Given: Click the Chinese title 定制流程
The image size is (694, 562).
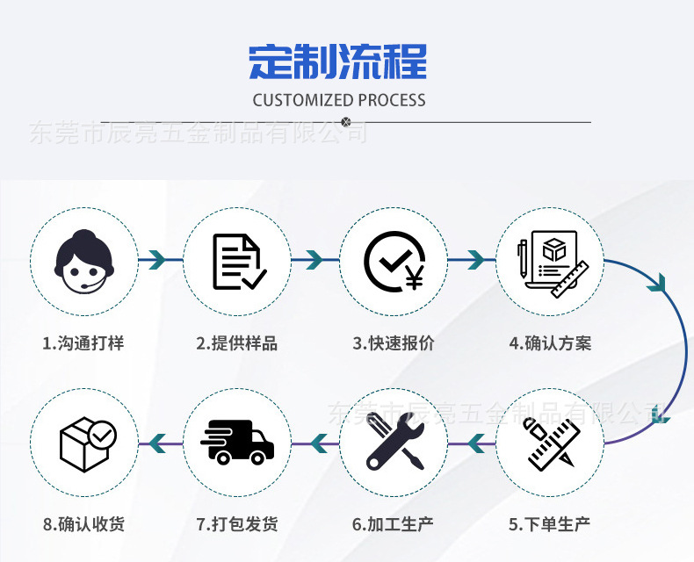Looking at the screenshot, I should tap(338, 61).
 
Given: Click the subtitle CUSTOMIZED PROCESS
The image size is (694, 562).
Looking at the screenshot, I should tap(339, 100).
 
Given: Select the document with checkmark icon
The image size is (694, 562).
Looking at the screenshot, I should tap(239, 261).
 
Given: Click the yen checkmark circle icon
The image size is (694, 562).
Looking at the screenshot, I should tap(394, 261).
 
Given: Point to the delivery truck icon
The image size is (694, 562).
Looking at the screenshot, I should tap(237, 442).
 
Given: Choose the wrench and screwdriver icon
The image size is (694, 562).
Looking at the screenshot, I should tap(394, 442).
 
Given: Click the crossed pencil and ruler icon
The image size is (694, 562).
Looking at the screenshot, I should tap(550, 442).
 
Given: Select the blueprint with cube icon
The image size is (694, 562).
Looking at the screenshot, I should tap(550, 261).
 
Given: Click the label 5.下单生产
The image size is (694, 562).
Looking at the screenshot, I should tap(550, 524).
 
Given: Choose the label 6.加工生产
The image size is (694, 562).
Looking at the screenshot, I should tap(394, 524).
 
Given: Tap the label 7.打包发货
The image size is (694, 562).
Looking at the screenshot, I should tap(237, 524).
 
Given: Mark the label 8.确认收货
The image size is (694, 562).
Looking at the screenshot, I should tap(83, 524).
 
